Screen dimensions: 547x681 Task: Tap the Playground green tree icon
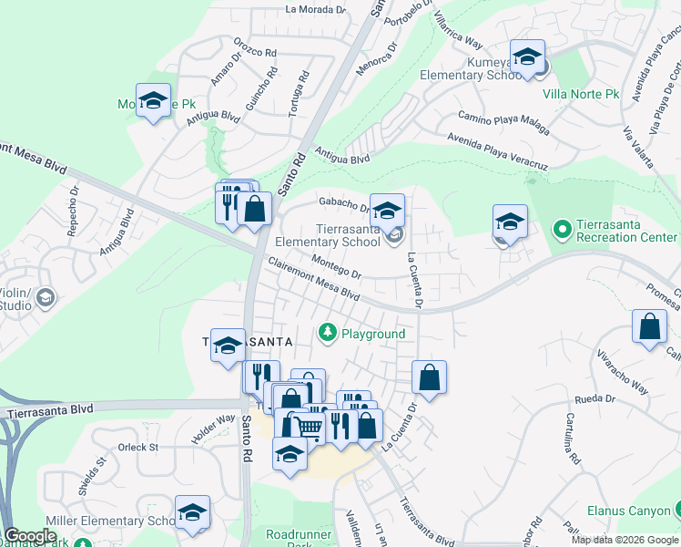(x=327, y=334)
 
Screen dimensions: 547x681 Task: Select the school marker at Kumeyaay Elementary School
(x=526, y=58)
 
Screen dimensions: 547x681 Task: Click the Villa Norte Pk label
(x=581, y=94)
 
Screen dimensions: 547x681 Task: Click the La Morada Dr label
(x=316, y=10)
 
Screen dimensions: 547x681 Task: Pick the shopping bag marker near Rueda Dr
(x=430, y=377)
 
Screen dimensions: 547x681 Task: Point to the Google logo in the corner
(x=30, y=536)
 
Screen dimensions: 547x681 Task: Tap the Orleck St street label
(x=138, y=448)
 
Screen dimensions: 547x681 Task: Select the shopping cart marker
(x=310, y=425)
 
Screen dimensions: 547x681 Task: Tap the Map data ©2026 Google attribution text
(x=625, y=540)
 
